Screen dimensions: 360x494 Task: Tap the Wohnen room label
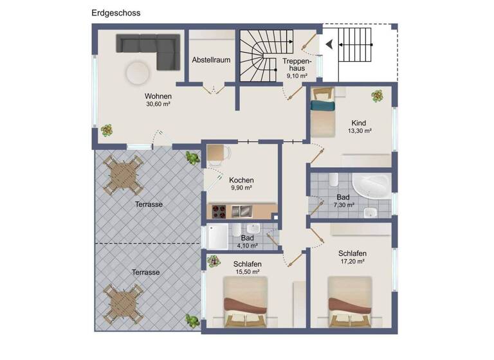[158, 96]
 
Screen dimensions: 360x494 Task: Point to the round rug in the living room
[138, 72]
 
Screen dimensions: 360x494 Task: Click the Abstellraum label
[211, 60]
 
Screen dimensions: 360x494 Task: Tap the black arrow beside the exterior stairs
[329, 44]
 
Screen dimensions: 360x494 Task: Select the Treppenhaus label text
[297, 64]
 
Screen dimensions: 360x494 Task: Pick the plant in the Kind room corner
[378, 96]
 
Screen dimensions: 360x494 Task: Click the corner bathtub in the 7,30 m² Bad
[372, 184]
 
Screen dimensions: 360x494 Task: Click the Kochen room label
[241, 181]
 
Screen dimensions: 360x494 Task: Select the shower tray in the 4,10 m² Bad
[217, 237]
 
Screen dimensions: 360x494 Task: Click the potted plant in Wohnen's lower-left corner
[107, 130]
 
